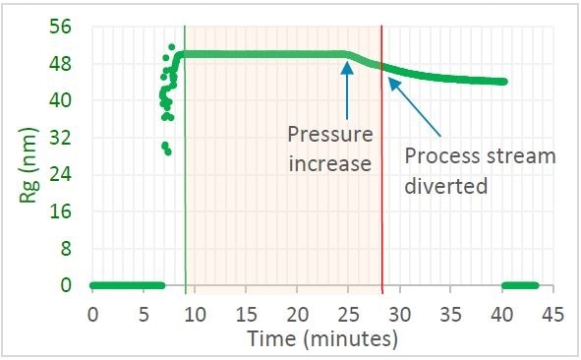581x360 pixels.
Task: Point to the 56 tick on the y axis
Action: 61,27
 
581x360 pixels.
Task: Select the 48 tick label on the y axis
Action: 61,64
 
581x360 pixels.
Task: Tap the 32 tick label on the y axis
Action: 61,138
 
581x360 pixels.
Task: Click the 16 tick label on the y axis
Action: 61,211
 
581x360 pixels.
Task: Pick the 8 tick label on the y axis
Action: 66,249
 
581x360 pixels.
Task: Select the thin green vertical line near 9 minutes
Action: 185,197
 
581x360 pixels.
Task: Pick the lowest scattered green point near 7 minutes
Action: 168,151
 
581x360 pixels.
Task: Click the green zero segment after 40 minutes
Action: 518,285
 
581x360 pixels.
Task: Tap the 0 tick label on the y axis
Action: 66,285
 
